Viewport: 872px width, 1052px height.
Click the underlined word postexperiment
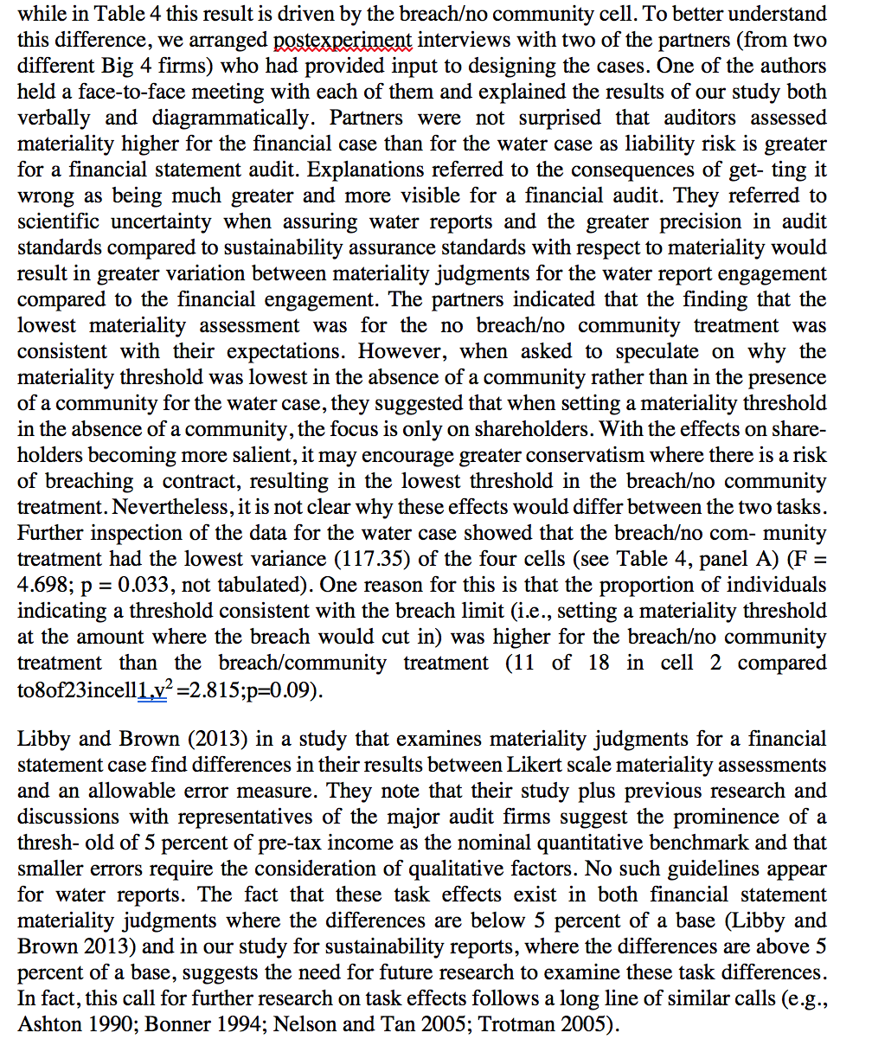click(x=335, y=40)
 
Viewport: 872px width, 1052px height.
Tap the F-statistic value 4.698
click(x=46, y=585)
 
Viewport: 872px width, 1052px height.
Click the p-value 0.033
click(x=160, y=585)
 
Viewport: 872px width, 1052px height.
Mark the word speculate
click(x=661, y=351)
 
